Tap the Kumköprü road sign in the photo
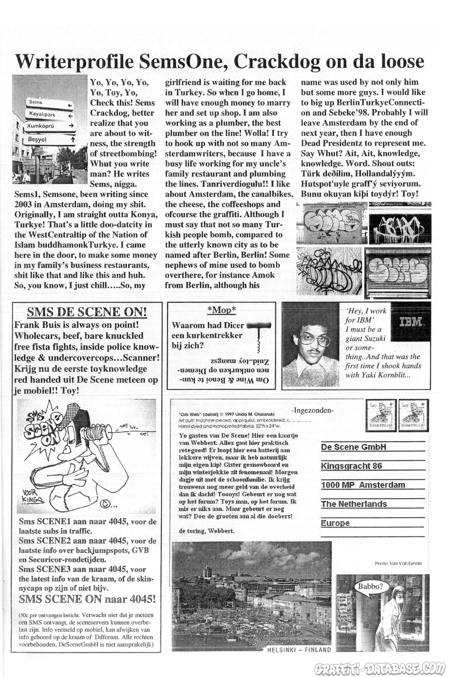(49, 126)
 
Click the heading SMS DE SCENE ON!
(87, 312)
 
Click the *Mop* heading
(221, 310)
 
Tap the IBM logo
(412, 322)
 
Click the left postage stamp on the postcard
(381, 415)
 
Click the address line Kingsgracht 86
(351, 466)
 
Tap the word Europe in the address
(335, 523)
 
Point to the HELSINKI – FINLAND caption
(299, 649)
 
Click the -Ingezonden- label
(313, 410)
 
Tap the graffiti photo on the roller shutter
(398, 271)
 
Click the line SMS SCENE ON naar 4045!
(87, 599)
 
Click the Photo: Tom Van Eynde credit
(398, 563)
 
